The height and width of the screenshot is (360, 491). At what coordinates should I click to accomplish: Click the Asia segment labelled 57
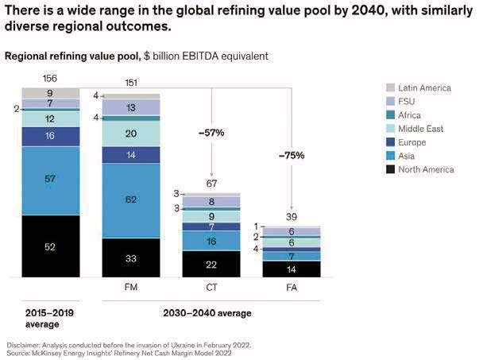(51, 180)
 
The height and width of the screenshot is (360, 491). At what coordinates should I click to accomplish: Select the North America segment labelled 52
(51, 246)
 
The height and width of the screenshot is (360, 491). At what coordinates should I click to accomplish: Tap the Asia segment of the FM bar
(130, 200)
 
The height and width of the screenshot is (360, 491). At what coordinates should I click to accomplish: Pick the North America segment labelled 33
(130, 257)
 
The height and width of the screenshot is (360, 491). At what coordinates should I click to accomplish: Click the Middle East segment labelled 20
(130, 133)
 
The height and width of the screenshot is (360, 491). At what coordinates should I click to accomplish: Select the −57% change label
(211, 133)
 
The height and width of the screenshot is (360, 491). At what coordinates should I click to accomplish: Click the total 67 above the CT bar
(211, 184)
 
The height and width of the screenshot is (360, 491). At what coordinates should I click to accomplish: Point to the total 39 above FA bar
(291, 217)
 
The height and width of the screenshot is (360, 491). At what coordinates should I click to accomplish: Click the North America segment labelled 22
(211, 264)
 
